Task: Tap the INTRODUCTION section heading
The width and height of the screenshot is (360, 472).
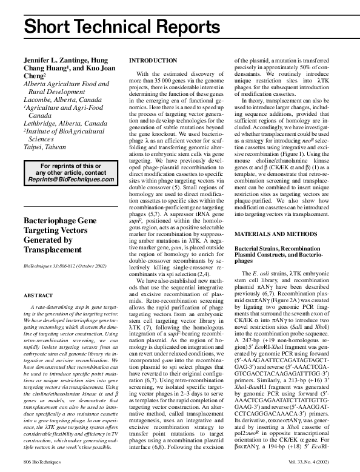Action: tap(154, 61)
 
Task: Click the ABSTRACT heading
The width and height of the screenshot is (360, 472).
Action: tap(38, 294)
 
